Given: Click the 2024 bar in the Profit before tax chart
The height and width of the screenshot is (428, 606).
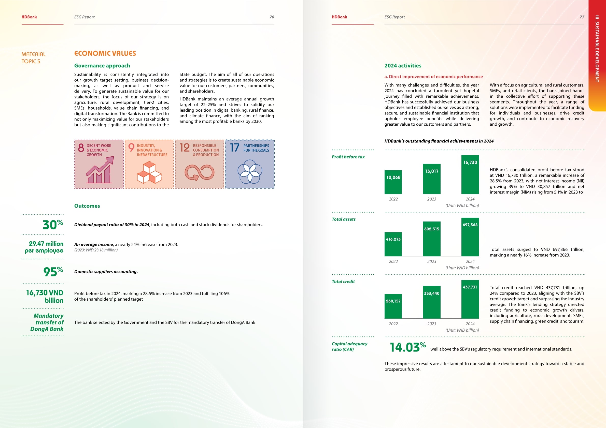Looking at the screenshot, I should coord(470,174).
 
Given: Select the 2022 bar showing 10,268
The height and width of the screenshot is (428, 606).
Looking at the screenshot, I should coord(393,182).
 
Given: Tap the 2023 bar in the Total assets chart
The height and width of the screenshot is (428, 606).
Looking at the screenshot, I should coord(432,239).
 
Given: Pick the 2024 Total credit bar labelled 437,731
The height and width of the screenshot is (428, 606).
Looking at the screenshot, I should coord(470,299).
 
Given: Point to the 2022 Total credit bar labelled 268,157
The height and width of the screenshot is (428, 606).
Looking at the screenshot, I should coord(393,306).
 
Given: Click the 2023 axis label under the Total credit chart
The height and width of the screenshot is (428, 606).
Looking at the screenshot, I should coord(432,324).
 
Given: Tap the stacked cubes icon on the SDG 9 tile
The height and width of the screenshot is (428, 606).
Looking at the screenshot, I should coord(149,173).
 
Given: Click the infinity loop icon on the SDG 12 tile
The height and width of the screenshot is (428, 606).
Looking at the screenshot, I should coord(199,173).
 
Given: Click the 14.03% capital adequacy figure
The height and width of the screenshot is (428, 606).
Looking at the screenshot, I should coord(407,347).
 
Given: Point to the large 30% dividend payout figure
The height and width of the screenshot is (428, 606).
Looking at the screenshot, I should coord(53,224).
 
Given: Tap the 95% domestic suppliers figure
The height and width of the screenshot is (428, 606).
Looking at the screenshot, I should coord(53,271).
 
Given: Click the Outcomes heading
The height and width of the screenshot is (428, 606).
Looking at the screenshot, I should coord(87,206).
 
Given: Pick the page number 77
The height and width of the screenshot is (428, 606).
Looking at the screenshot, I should coord(582,17).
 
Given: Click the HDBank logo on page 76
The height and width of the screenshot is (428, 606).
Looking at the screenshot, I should coord(29,17).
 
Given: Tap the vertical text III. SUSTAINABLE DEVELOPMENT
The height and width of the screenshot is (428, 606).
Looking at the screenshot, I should coord(597,49).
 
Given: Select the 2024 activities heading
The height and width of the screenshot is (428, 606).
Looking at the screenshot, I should coord(403,66).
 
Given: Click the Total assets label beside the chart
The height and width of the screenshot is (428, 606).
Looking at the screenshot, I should coord(343,219).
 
